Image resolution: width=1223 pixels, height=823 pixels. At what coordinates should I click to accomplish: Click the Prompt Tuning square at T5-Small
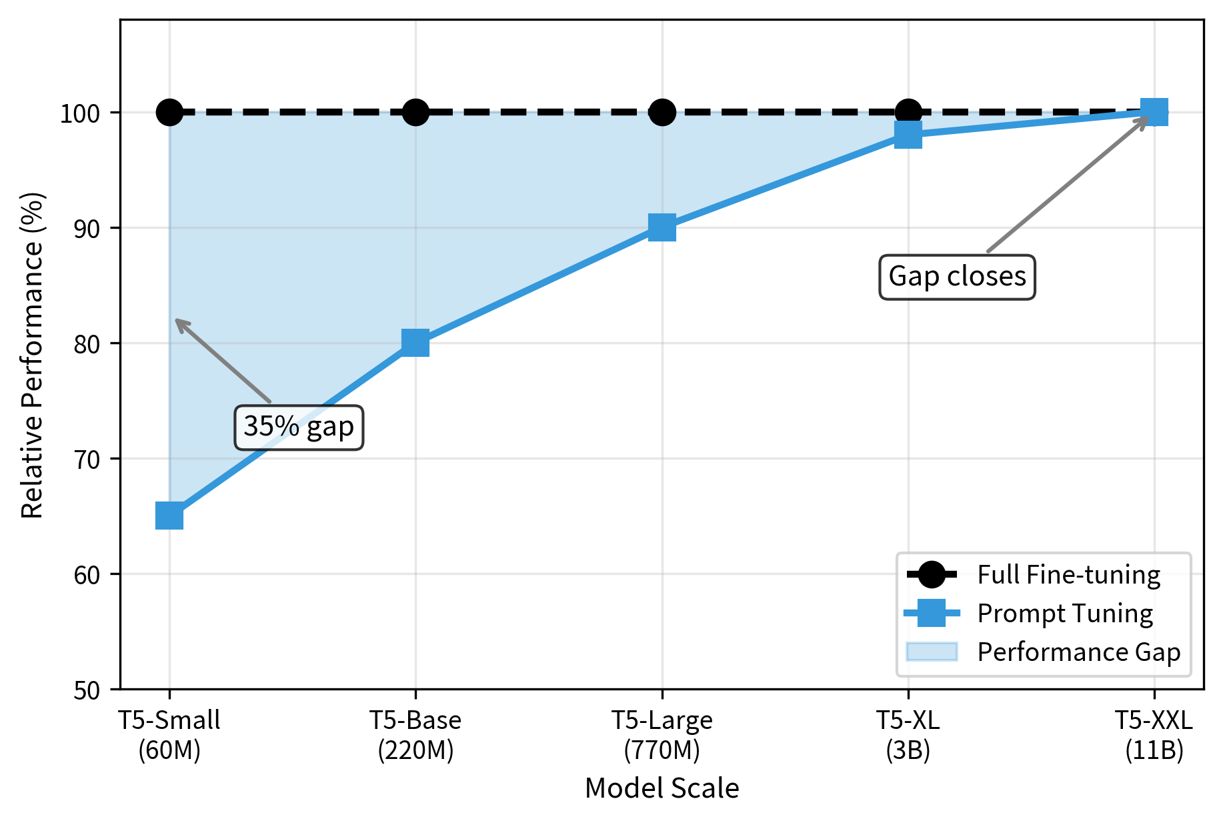[169, 516]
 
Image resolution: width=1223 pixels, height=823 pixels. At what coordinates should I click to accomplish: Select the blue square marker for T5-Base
[415, 343]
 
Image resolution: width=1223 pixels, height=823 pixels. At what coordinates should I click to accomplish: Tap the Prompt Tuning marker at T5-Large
[662, 227]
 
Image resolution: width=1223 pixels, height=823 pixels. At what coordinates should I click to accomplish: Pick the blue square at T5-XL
[908, 135]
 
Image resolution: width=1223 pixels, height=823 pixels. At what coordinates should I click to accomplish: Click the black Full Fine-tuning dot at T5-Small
[169, 112]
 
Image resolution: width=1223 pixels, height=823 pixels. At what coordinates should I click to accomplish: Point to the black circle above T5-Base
[415, 112]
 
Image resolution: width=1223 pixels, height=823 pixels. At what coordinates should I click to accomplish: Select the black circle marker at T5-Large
[662, 112]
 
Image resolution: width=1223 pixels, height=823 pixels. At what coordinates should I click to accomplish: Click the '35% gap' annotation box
[299, 427]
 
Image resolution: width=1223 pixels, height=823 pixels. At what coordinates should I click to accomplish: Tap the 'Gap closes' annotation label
[957, 277]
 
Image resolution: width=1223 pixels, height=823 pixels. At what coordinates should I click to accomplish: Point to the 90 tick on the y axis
[87, 228]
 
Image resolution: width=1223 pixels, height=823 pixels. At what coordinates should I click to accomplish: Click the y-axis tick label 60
[87, 574]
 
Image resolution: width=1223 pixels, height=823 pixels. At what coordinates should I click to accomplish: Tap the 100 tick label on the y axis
[80, 113]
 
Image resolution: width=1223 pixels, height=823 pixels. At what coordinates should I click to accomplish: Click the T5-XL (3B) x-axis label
[908, 735]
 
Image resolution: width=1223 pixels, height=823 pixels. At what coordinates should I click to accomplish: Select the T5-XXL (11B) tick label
[1154, 735]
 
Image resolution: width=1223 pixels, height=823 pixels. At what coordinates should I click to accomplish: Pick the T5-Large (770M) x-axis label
[662, 735]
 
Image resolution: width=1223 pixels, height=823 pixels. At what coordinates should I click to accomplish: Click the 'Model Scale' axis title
[662, 788]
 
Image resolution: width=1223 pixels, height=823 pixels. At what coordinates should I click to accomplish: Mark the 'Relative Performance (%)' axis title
[32, 355]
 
